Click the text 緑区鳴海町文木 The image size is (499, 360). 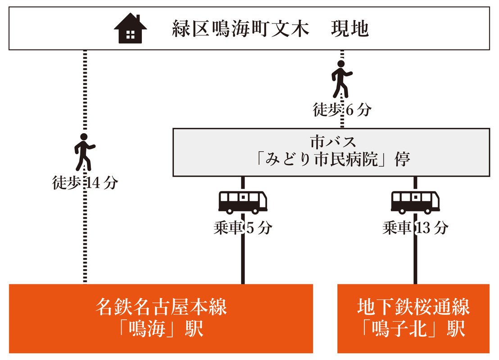(241, 29)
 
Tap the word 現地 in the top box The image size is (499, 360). (349, 29)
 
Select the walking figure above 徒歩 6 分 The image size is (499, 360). (342, 79)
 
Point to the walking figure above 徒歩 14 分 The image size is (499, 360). (84, 152)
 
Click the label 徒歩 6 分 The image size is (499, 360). (342, 109)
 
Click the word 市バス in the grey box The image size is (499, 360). (333, 143)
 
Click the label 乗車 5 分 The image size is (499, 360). (243, 228)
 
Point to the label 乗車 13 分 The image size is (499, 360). (415, 228)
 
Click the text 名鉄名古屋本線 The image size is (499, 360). (161, 308)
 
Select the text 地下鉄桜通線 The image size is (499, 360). (413, 308)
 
